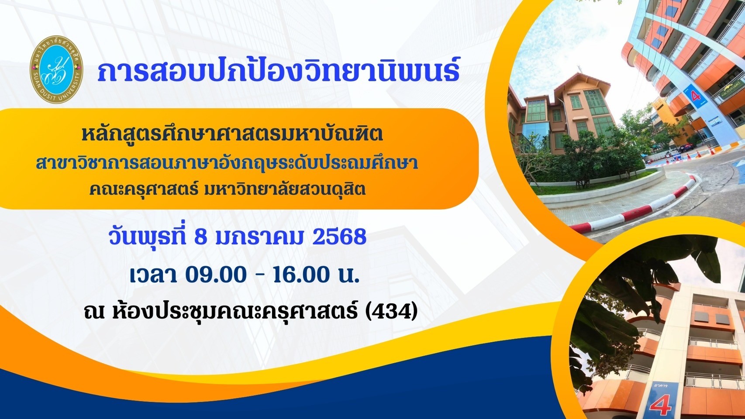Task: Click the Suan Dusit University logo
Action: [x=56, y=69]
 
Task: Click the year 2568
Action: [x=340, y=237]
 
